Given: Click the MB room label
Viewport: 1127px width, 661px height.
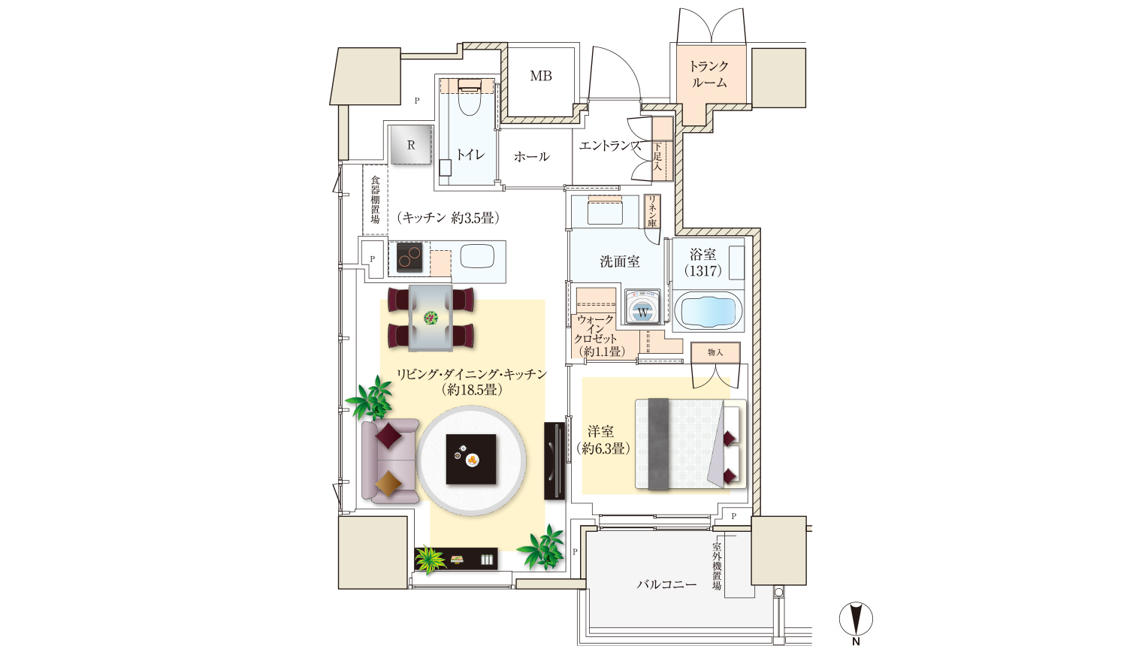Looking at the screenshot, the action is pos(541,76).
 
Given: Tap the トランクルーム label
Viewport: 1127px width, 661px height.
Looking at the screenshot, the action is pos(709,74).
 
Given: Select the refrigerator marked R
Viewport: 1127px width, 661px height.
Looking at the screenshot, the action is pos(412,144).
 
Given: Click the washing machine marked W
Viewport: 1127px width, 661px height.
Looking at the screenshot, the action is pos(642,306).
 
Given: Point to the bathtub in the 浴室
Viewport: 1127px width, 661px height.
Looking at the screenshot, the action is pos(708,310).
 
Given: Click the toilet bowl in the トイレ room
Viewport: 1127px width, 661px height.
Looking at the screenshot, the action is pos(470,100).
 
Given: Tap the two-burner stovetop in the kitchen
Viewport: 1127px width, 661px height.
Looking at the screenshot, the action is pos(409,258).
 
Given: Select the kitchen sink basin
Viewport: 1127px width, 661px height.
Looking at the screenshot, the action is pos(477,256).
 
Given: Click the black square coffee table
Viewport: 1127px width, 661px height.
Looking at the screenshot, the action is pos(471,459).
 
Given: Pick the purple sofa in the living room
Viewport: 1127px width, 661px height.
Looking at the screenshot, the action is pos(389,461).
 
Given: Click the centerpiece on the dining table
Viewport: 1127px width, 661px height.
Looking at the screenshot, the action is pos(431,318).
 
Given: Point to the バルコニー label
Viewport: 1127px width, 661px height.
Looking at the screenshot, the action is pos(666,584).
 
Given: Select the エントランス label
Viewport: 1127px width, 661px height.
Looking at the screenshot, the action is pos(610,146).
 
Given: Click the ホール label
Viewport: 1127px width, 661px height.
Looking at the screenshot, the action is pos(532,156).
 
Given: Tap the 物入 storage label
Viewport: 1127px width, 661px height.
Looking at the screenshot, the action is pos(715,352).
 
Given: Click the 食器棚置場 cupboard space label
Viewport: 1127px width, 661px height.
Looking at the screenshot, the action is pos(376,199).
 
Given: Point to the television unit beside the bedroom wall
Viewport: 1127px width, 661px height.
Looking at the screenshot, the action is pos(554,460).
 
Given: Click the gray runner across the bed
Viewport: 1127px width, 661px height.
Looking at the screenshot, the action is pos(658,444).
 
